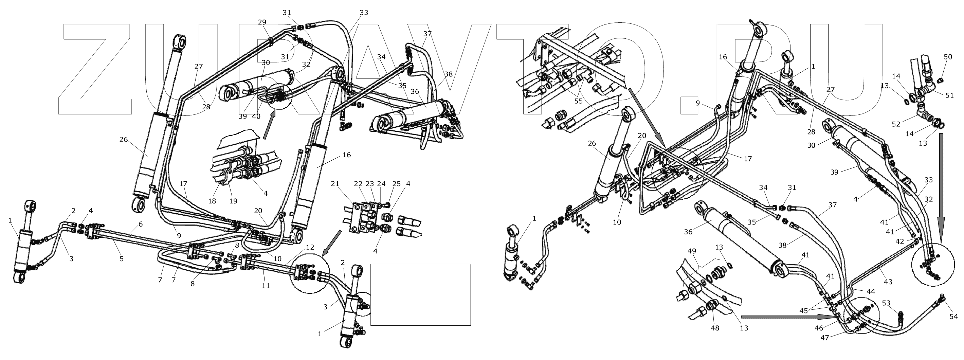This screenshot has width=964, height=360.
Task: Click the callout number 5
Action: coord(122,258)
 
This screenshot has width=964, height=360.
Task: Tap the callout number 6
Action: coord(140,224)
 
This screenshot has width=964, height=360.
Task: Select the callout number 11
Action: coord(266,286)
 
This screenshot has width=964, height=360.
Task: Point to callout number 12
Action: coord(310,247)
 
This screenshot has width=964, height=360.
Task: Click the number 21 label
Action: coord(335,184)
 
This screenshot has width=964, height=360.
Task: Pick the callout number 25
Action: coord(396,184)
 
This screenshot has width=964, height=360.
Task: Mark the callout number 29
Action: coord(262,22)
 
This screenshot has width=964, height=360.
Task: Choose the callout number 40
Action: coord(256,116)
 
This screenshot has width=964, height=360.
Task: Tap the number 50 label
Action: coord(948,57)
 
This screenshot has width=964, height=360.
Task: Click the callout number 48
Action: coord(715,328)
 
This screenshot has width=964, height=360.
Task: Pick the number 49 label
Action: coord(692,251)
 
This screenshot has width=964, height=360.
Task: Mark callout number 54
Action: coord(954,317)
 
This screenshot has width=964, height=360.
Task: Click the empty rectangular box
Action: coord(420,294)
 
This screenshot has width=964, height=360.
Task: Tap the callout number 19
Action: coord(233,201)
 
